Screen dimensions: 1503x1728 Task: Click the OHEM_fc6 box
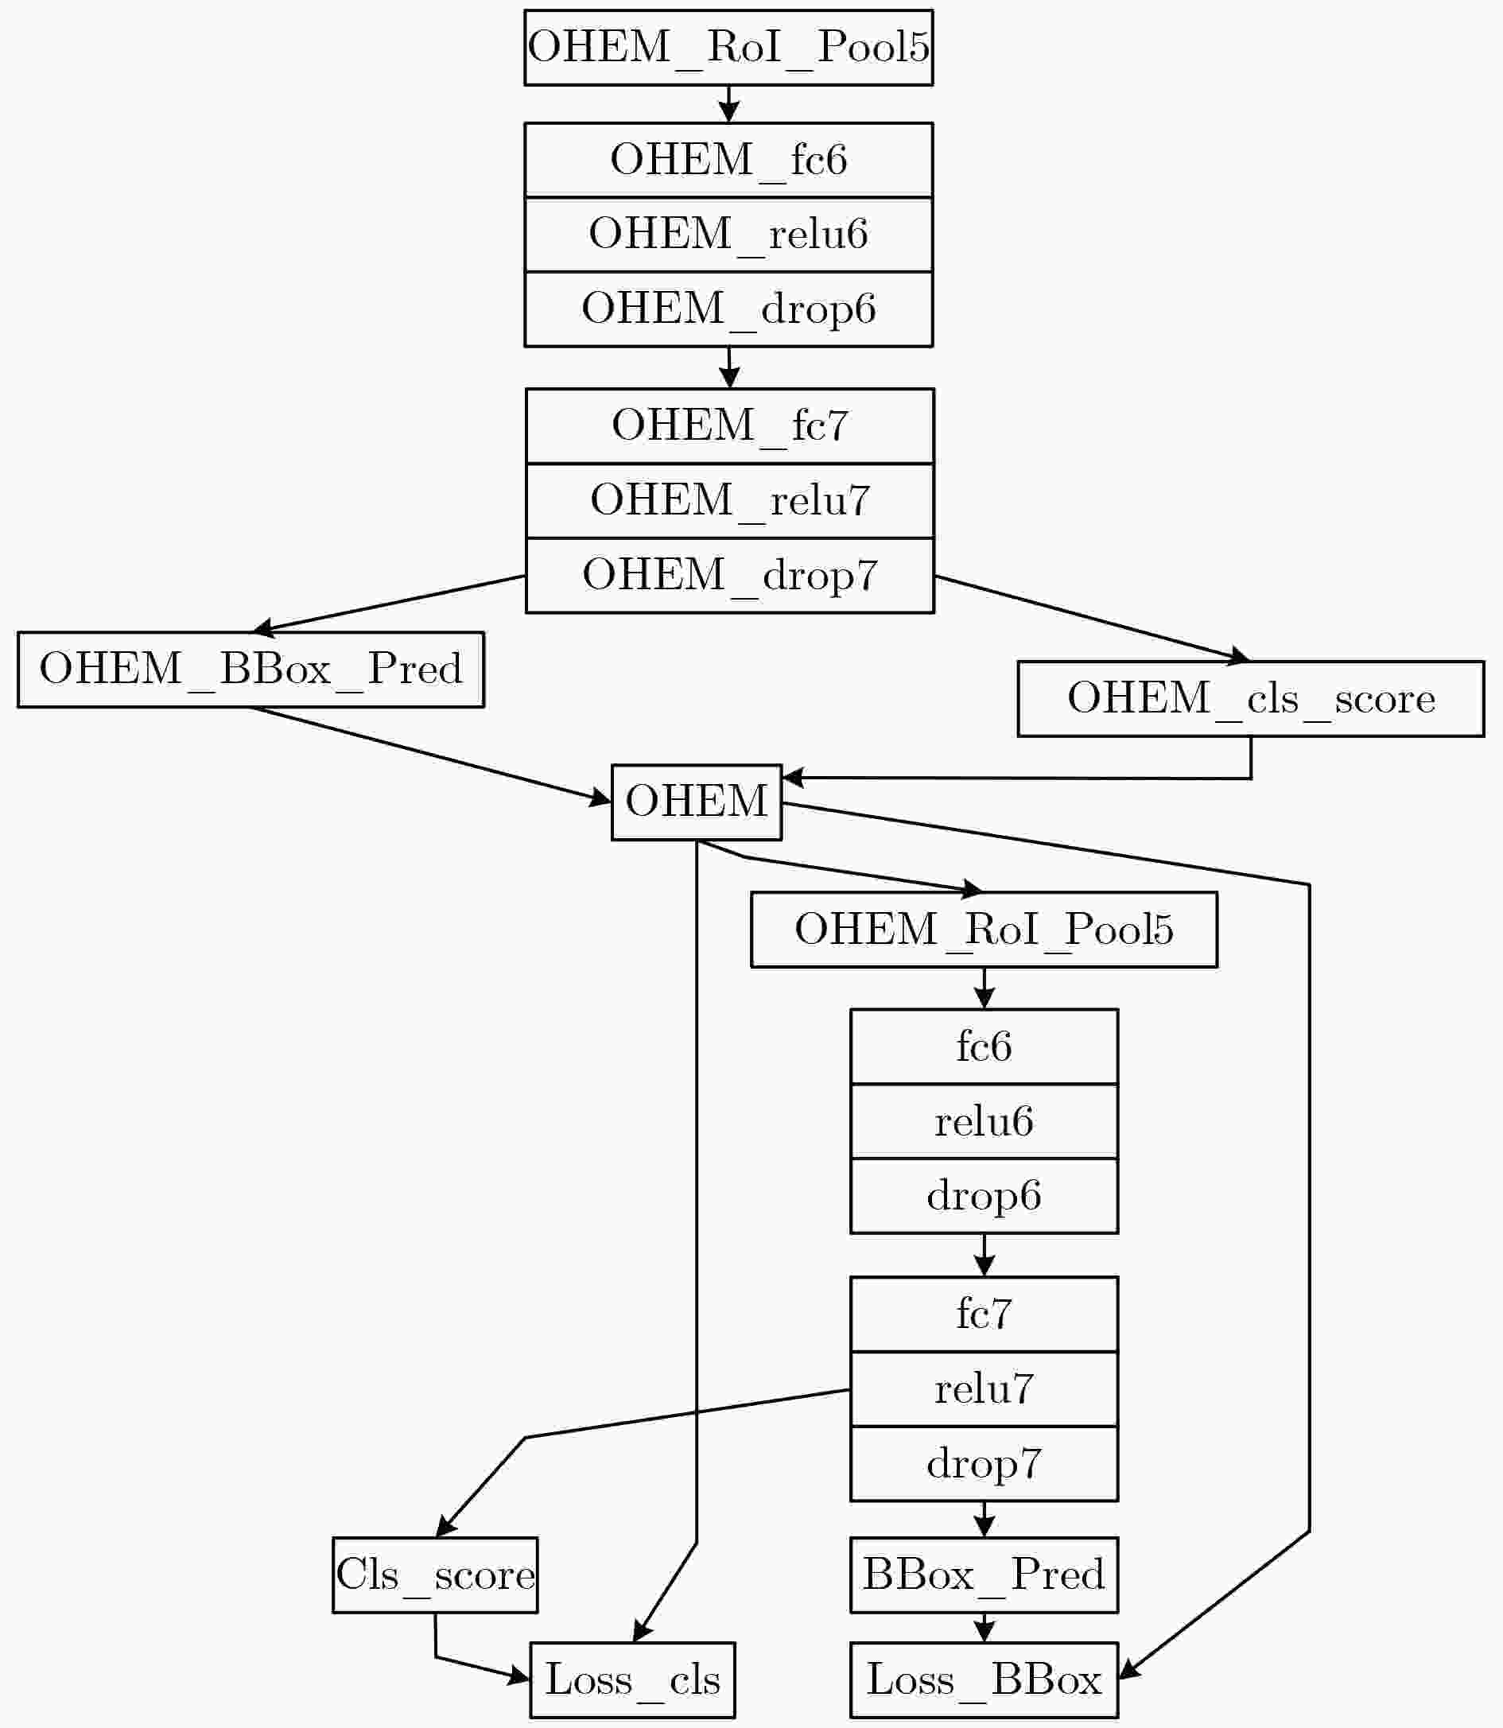(x=728, y=160)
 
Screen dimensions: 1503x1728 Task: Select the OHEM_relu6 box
(x=728, y=235)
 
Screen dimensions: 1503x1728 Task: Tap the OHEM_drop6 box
(x=728, y=309)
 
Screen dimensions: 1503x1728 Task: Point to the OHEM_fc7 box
(x=730, y=426)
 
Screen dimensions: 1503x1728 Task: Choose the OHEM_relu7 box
(x=730, y=501)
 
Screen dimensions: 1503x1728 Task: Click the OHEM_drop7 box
(x=730, y=576)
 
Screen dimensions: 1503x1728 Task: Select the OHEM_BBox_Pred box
(x=250, y=670)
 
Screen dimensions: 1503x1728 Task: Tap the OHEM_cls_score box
(x=1251, y=699)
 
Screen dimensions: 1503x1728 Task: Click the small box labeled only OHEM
(x=696, y=802)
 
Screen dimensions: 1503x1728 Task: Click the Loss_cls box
(x=632, y=1680)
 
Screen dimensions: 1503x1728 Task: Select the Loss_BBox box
(x=984, y=1680)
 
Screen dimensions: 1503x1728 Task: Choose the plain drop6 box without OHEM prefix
(x=984, y=1196)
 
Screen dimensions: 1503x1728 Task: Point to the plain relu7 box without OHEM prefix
(x=984, y=1389)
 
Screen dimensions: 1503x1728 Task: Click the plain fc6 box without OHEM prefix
(x=984, y=1047)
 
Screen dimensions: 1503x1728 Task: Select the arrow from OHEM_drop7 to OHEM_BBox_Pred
(x=389, y=602)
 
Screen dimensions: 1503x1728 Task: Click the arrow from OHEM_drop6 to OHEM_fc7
(x=729, y=367)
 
